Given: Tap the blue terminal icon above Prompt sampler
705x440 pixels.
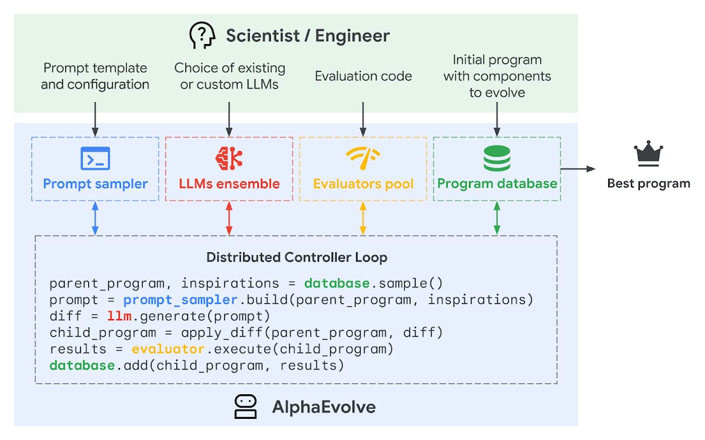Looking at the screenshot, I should [x=95, y=158].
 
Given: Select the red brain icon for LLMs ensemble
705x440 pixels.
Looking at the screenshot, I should [x=229, y=158].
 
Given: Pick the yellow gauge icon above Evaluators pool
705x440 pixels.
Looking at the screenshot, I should [x=363, y=157].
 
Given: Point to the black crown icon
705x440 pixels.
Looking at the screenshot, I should [x=648, y=154].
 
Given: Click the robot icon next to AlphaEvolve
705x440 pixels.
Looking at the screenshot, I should [x=246, y=407].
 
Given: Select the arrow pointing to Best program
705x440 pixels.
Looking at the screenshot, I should [x=578, y=169].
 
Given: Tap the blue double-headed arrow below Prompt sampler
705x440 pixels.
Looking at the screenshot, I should [x=95, y=219].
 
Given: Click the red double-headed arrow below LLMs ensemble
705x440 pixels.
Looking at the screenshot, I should [x=229, y=219].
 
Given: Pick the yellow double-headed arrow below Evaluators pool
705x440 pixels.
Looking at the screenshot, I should [x=363, y=219].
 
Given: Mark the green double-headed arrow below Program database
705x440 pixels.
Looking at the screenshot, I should [x=497, y=219].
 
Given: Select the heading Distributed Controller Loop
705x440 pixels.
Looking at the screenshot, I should [x=297, y=258].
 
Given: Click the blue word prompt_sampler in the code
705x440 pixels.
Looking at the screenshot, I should [x=180, y=300].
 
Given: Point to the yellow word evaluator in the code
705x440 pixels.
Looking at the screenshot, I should [x=167, y=350].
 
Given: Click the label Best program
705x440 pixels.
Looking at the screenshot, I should [x=649, y=184].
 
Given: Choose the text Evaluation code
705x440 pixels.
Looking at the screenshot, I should [x=363, y=76].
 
